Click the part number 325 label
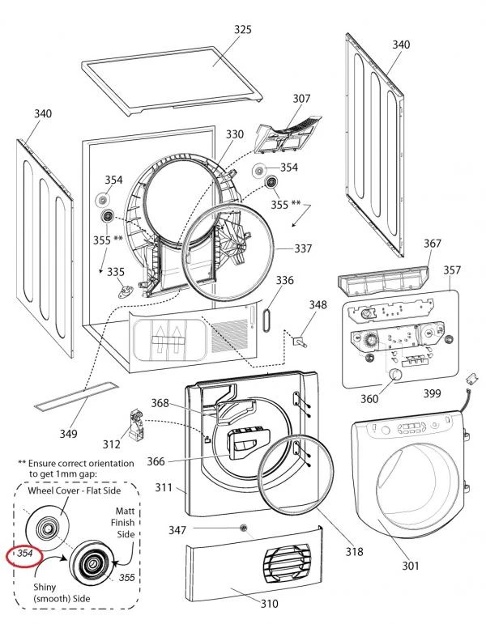242,30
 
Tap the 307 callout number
301,99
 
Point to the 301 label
411,567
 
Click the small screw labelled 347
244,528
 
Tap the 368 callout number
160,403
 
